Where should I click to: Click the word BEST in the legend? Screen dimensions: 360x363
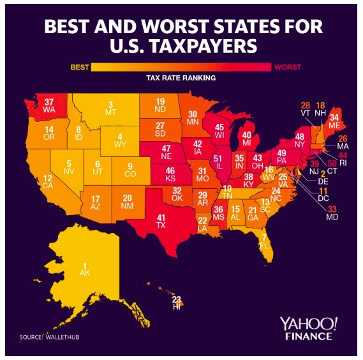(79, 67)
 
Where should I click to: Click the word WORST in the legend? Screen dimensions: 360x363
(287, 67)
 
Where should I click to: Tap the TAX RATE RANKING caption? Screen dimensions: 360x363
(182, 78)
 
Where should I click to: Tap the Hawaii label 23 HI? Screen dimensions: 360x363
(177, 302)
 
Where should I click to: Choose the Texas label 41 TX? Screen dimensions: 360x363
(161, 221)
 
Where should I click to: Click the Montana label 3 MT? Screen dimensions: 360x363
(110, 109)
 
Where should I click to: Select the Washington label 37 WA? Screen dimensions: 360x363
(50, 105)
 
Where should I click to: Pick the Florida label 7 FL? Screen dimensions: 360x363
(263, 241)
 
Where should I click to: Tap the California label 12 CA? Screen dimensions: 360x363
(47, 182)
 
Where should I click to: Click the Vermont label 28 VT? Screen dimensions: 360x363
(305, 109)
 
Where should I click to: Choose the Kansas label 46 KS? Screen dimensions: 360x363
(170, 175)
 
